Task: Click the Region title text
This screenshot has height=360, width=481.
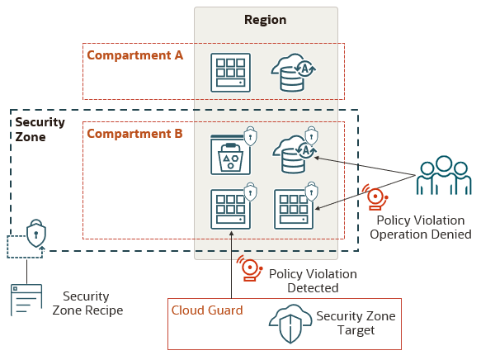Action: pyautogui.click(x=266, y=20)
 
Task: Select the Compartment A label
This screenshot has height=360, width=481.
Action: pyautogui.click(x=134, y=55)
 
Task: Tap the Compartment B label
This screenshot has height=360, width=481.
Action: pyautogui.click(x=134, y=133)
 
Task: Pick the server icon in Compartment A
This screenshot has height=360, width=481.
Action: pyautogui.click(x=229, y=73)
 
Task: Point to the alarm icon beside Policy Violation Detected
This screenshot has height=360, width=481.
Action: pyautogui.click(x=248, y=269)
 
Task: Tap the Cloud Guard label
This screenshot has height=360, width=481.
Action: pyautogui.click(x=207, y=310)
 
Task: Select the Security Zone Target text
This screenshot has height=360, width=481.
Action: pyautogui.click(x=356, y=323)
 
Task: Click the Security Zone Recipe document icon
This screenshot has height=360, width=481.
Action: pyautogui.click(x=26, y=300)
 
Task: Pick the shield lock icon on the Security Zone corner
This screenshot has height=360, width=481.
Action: pyautogui.click(x=36, y=234)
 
